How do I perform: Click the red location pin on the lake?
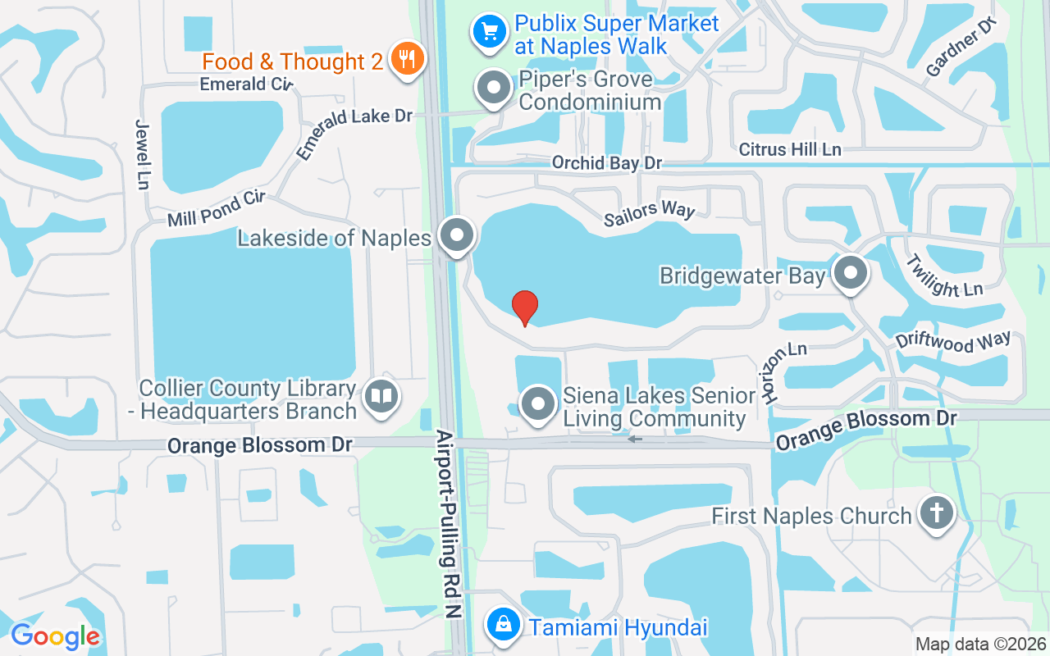[x=525, y=307]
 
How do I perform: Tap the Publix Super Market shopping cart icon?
[x=490, y=32]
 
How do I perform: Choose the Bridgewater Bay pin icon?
[x=851, y=273]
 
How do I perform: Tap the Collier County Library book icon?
[x=380, y=397]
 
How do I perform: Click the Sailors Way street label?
[x=649, y=212]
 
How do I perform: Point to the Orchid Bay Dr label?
[x=606, y=163]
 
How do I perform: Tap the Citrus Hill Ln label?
[x=790, y=149]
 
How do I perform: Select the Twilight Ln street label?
[x=943, y=276]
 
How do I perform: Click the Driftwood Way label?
[x=952, y=341]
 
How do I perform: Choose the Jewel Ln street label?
[x=141, y=154]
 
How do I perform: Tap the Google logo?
[x=55, y=636]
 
